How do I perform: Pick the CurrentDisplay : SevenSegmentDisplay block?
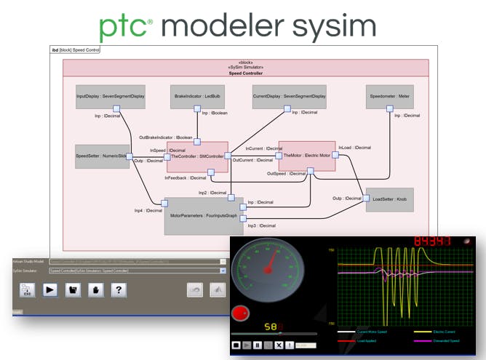tap(290, 96)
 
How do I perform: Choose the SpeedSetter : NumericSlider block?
tap(102, 156)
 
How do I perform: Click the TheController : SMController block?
tap(197, 156)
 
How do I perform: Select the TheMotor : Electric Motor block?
tap(307, 156)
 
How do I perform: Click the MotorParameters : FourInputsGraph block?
tap(204, 216)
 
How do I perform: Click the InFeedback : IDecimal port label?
tap(185, 177)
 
